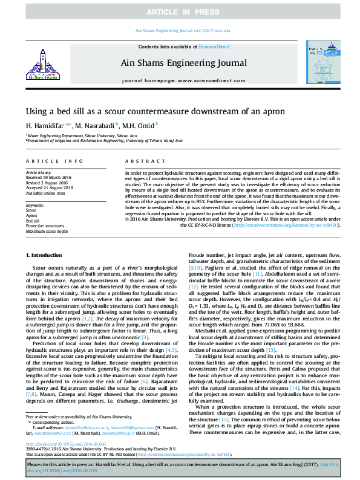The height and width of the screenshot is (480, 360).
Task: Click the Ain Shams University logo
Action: pyautogui.click(x=40, y=65)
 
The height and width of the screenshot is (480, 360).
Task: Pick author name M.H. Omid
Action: pyautogui.click(x=142, y=125)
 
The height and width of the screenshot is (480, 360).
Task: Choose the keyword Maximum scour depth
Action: pyautogui.click(x=47, y=231)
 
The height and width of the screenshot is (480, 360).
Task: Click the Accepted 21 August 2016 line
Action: pyautogui.click(x=50, y=187)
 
